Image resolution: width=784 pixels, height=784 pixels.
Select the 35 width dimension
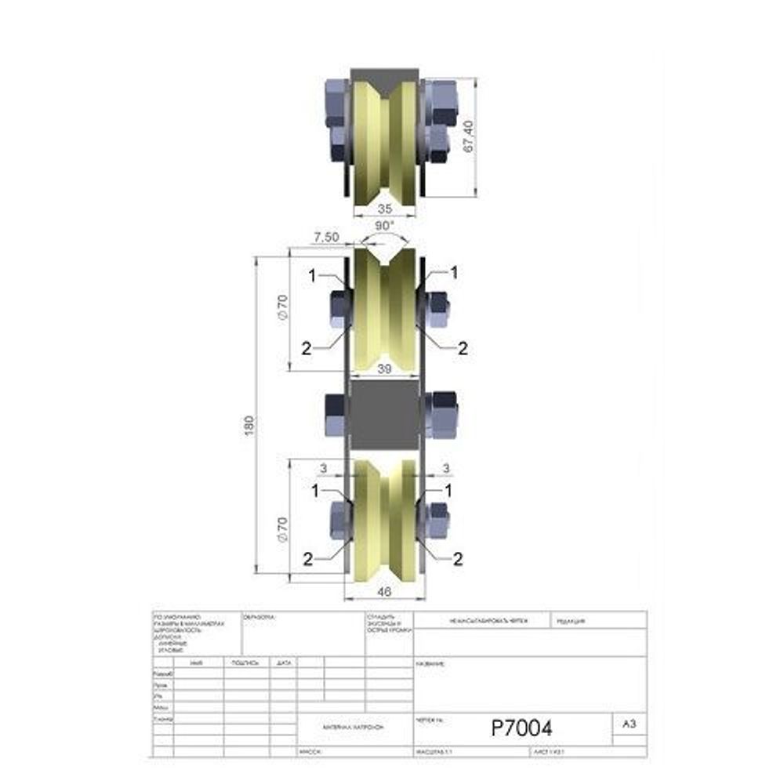(384, 209)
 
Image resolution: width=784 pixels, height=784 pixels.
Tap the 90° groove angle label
(384, 227)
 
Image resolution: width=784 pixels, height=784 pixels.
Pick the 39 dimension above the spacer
(384, 368)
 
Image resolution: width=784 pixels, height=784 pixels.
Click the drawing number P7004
(521, 728)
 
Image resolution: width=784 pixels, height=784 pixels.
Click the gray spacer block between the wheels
(384, 414)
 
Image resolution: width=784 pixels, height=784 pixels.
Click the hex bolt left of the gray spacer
(334, 414)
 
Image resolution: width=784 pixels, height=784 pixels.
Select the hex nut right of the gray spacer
(441, 412)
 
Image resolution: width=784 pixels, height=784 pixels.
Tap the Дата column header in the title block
(284, 663)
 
